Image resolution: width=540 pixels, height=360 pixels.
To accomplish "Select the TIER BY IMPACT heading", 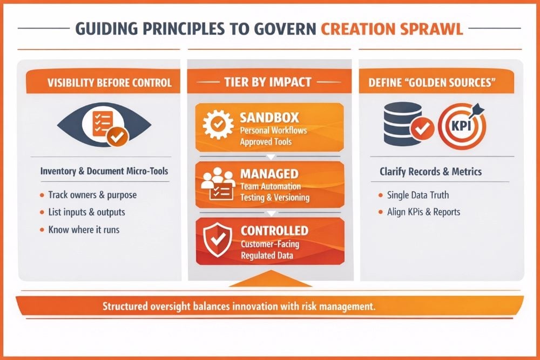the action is click(268, 82).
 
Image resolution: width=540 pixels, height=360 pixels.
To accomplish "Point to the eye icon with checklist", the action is click(104, 125).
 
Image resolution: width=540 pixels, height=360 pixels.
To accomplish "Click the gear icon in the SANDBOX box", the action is click(218, 124).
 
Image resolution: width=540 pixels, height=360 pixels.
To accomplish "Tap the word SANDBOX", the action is click(269, 118).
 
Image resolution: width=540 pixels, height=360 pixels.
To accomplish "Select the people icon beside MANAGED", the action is click(218, 184).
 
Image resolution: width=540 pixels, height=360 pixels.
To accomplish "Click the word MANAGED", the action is click(269, 174).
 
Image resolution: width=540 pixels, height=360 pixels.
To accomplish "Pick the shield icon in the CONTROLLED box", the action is click(217, 240).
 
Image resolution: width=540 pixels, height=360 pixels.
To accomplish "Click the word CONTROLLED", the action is click(274, 230).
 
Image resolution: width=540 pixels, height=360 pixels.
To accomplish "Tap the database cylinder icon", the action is click(403, 124).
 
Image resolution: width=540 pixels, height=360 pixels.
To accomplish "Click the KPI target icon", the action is click(462, 125).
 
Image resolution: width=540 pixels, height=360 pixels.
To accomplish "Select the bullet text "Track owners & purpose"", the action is click(92, 195).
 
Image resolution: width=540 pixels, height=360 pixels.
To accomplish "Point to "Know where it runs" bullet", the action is click(84, 229).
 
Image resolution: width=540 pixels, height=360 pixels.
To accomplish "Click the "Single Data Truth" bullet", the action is click(418, 195).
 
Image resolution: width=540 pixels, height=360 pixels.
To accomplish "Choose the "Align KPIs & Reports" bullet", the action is click(423, 212).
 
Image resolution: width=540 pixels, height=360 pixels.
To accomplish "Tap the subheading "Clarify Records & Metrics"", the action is click(430, 172).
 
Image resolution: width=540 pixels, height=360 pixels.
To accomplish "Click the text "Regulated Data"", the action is click(267, 255).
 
